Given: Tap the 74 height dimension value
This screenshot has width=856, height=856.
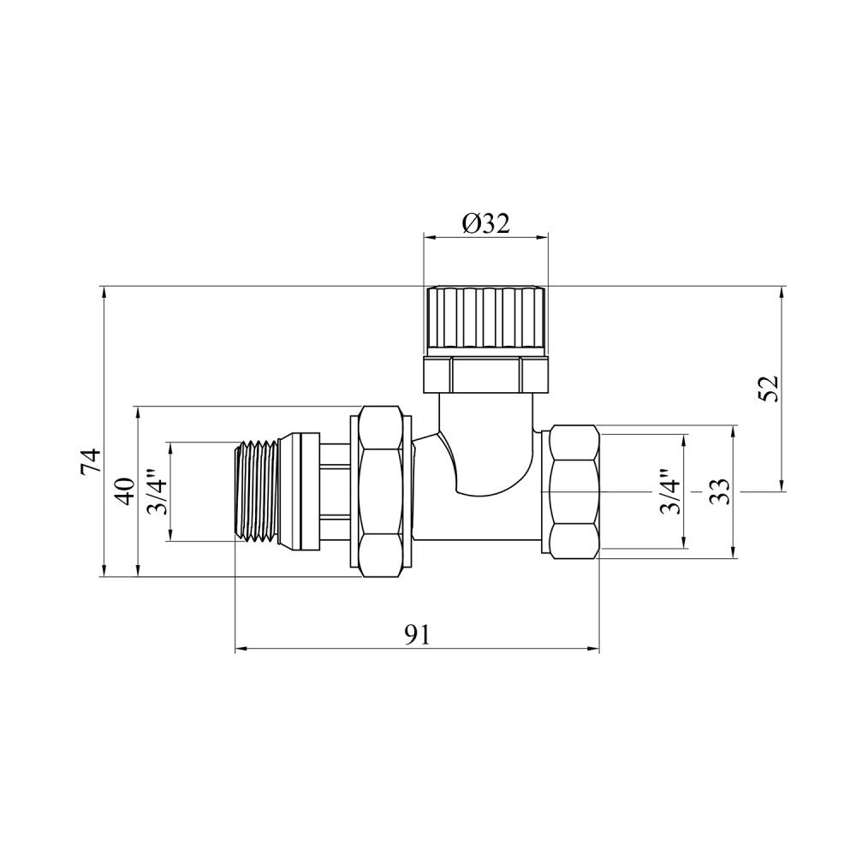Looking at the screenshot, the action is [92, 461].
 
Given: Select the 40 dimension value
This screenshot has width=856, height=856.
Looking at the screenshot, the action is [126, 490].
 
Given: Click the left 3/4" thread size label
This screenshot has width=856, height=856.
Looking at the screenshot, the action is [158, 491].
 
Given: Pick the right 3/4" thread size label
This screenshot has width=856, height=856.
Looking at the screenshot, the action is [670, 491].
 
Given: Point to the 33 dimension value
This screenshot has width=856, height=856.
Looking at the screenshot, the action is [720, 491].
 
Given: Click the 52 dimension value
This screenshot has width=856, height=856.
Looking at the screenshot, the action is [768, 389].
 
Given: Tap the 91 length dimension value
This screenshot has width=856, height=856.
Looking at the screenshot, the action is [418, 634].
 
